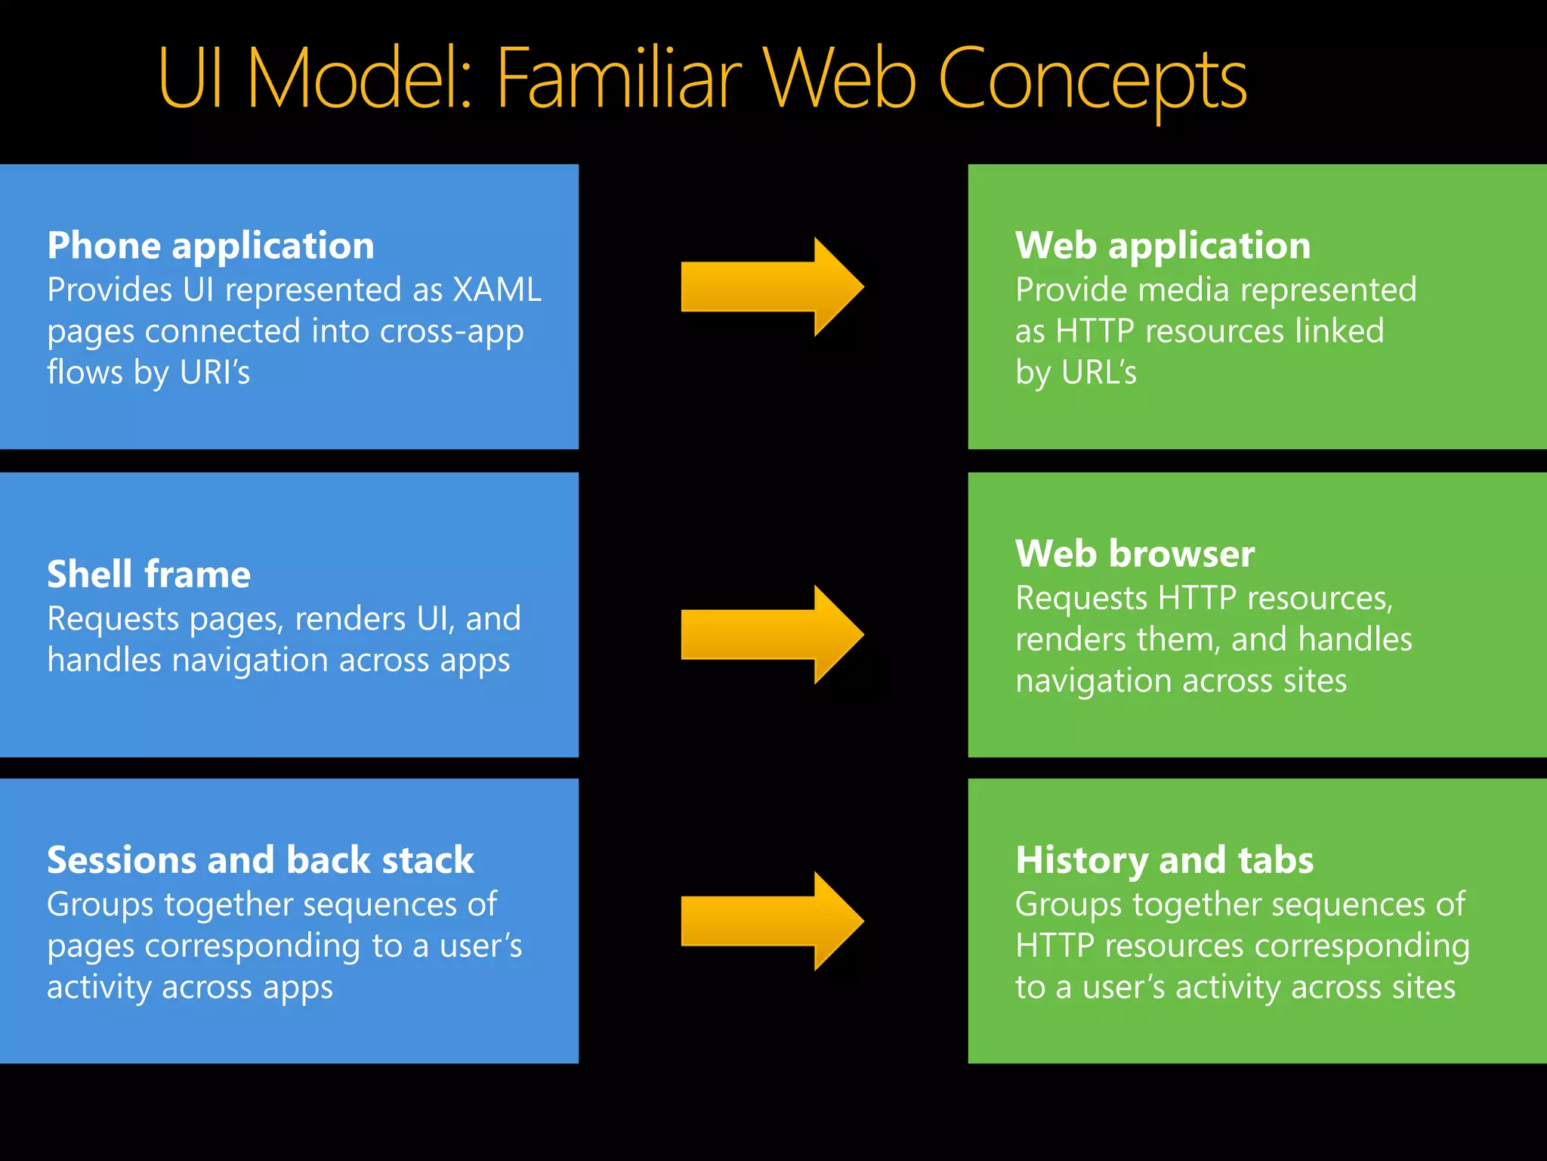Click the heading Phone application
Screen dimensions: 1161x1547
click(x=211, y=246)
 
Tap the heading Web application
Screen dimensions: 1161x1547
click(x=1163, y=246)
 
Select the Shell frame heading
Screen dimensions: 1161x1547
click(x=149, y=574)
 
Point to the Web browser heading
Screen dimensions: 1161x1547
click(x=1135, y=554)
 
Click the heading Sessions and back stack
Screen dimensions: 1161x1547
click(x=261, y=860)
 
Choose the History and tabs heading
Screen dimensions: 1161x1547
click(x=1164, y=860)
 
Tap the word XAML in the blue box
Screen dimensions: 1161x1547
click(x=497, y=290)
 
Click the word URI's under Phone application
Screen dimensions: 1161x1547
click(x=215, y=373)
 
